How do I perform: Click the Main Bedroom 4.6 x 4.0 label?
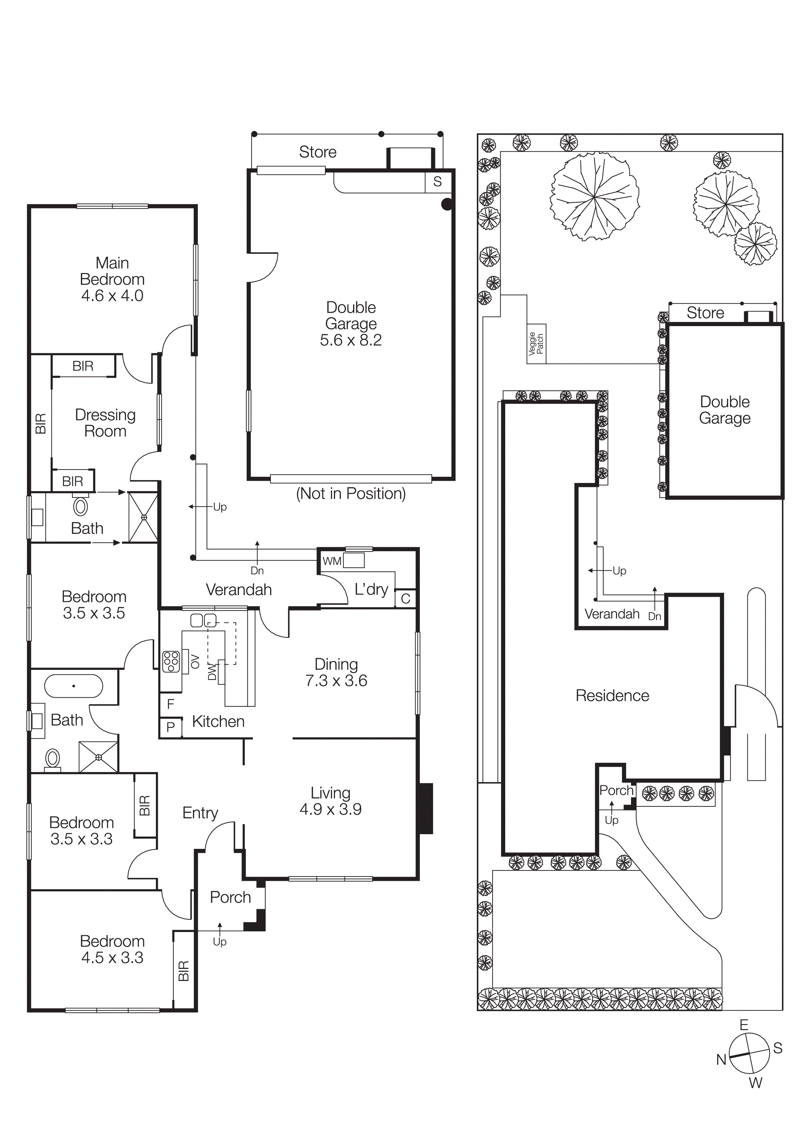coord(112,279)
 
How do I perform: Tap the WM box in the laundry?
coord(332,561)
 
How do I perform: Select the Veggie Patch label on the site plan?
coord(536,344)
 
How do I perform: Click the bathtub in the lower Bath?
coord(74,686)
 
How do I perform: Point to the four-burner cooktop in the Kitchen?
coord(171,662)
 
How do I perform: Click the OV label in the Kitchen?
coord(195,662)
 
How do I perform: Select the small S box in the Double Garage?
coord(437,182)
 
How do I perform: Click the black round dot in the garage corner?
coord(447,204)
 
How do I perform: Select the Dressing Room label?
coord(105,423)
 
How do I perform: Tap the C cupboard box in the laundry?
coord(405,598)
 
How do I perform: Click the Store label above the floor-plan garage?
coord(317,152)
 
